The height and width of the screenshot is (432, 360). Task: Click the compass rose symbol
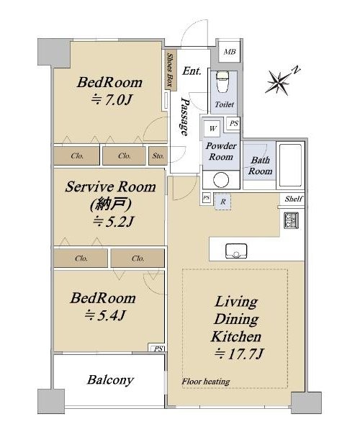[x=279, y=81]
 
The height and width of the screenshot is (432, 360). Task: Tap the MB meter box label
[x=230, y=52]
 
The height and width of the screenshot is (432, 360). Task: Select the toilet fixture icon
[x=222, y=82]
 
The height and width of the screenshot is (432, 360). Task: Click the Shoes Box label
[x=171, y=70]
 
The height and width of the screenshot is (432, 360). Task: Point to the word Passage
[x=185, y=117]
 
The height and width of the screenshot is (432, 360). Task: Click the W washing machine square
[x=212, y=128]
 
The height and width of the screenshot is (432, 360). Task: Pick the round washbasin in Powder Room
[x=221, y=180]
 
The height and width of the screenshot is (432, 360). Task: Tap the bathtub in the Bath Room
[x=290, y=165]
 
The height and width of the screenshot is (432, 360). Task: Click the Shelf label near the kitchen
[x=294, y=199]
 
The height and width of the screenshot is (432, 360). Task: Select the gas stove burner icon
[x=291, y=220]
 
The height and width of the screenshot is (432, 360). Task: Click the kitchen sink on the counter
[x=236, y=251]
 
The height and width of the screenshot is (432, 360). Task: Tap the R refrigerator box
[x=222, y=202]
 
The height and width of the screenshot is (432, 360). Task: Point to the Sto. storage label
[x=158, y=156]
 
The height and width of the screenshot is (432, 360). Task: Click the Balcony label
[x=110, y=380]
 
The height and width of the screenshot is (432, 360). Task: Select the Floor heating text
[x=206, y=382]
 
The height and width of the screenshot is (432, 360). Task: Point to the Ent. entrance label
[x=192, y=71]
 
